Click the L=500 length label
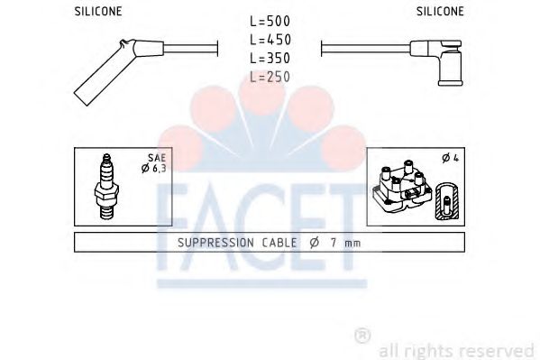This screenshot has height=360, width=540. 269,21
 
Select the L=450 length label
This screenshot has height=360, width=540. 269,40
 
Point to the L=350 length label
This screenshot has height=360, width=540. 269,59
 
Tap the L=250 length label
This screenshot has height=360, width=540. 269,78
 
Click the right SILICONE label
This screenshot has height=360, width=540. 441,12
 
